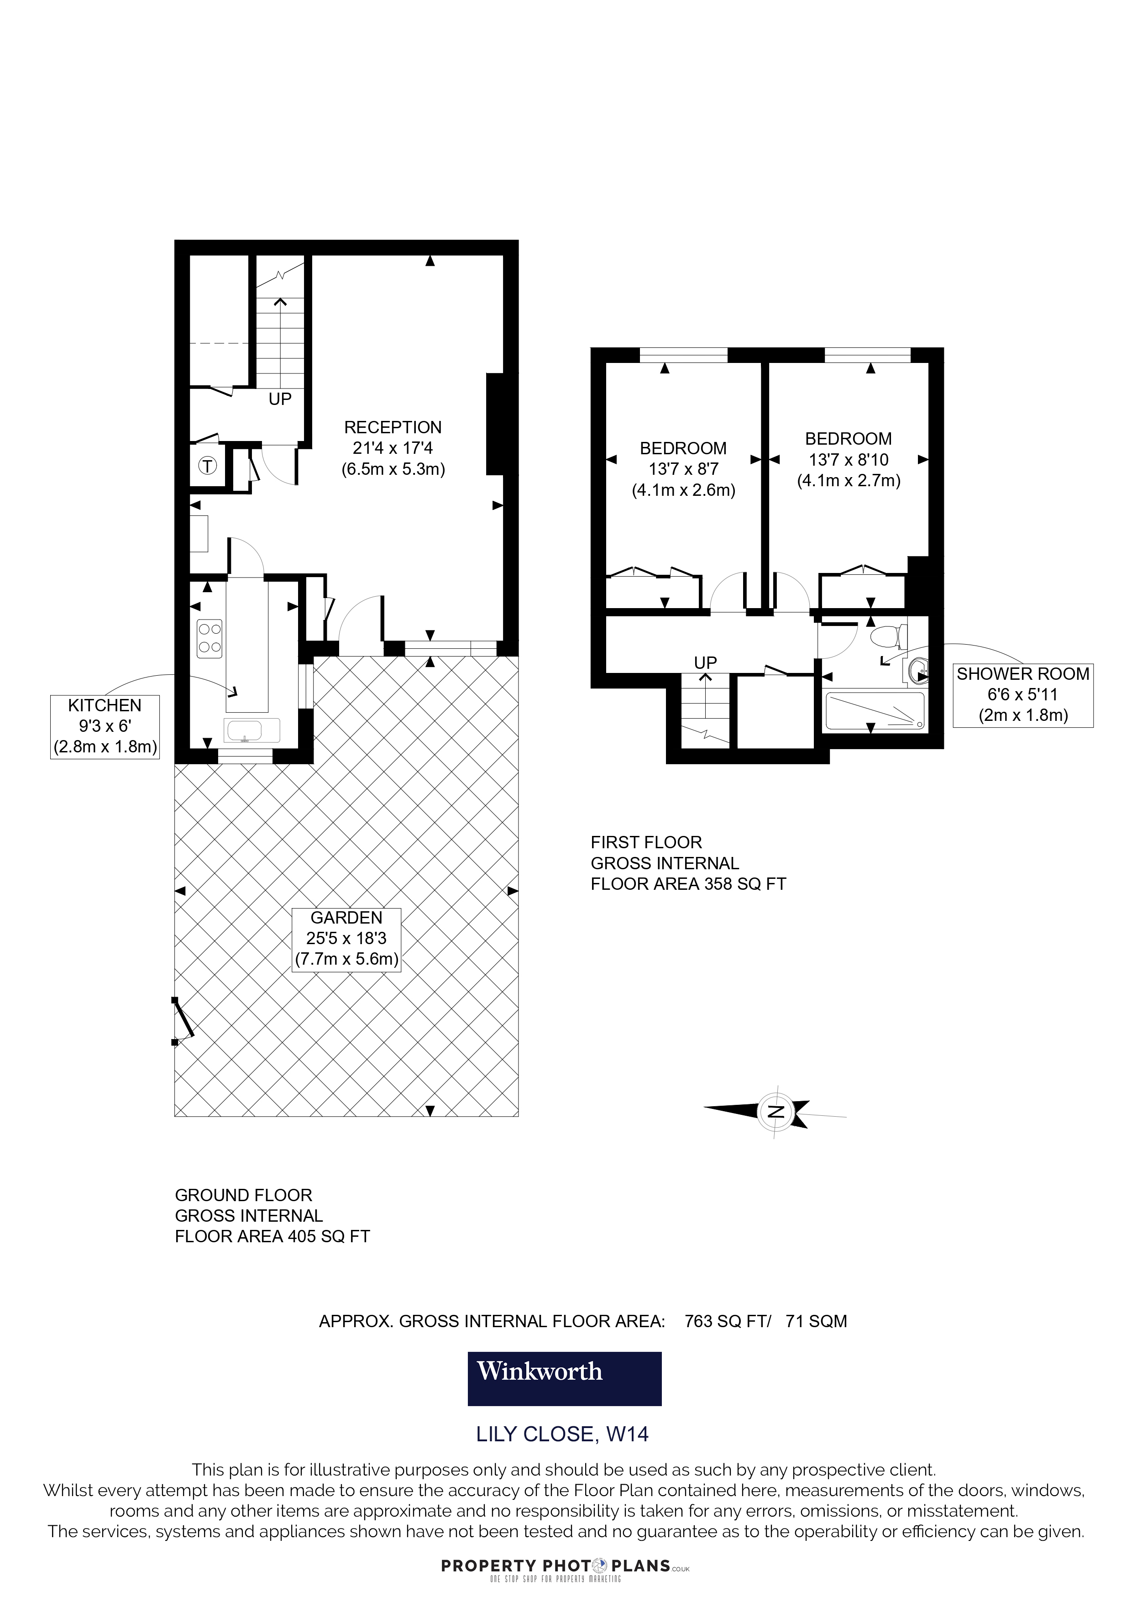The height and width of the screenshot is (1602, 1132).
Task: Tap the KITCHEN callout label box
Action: pyautogui.click(x=105, y=726)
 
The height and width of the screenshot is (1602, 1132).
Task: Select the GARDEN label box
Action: pyautogui.click(x=346, y=939)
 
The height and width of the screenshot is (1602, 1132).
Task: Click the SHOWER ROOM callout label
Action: pyautogui.click(x=1022, y=695)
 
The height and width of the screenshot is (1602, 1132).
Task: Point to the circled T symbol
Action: pyautogui.click(x=208, y=465)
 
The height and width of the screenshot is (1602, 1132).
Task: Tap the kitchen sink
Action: pyautogui.click(x=252, y=730)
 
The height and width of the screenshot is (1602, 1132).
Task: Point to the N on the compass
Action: pyautogui.click(x=775, y=1112)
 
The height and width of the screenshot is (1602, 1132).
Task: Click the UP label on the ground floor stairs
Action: pyautogui.click(x=280, y=399)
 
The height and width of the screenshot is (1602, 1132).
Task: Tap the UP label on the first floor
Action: pyautogui.click(x=705, y=662)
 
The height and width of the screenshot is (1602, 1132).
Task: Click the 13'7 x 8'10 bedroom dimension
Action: pyautogui.click(x=848, y=460)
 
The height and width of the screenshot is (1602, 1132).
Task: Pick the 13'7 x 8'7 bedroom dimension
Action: pyautogui.click(x=683, y=469)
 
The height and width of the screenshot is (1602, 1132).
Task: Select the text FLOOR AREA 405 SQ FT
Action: pyautogui.click(x=272, y=1236)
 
